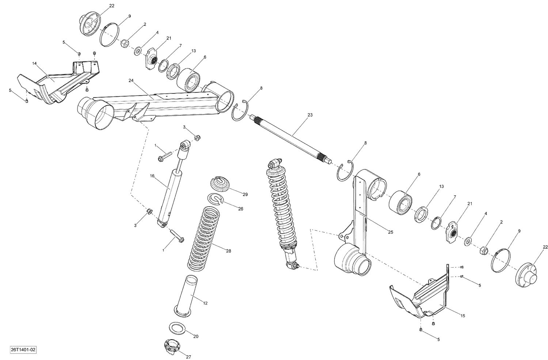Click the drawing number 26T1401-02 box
[23, 350]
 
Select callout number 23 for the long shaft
[310, 115]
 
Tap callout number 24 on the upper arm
[131, 80]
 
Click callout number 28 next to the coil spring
[228, 251]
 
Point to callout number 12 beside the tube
[205, 303]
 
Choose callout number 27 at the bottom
[189, 357]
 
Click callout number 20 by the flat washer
[195, 336]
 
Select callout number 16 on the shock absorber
[152, 176]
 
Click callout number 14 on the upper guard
[34, 64]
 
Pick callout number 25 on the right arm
[390, 232]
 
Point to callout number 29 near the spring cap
[245, 194]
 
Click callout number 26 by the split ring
[240, 208]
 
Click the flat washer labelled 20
[177, 328]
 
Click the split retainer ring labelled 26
[216, 199]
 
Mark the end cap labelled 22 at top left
[89, 25]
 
